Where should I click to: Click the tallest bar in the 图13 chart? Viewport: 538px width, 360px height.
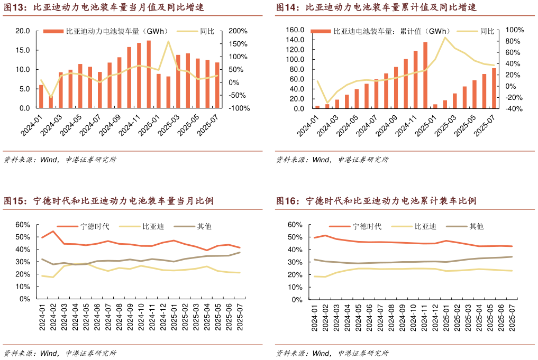click(149, 74)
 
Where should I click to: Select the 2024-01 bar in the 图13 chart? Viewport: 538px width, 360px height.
click(41, 96)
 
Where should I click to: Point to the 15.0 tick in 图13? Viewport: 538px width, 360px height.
click(22, 50)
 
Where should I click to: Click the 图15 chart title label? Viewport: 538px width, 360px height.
click(108, 201)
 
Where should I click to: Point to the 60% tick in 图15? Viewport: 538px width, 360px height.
click(22, 225)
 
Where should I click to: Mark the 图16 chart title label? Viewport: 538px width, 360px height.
click(376, 201)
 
